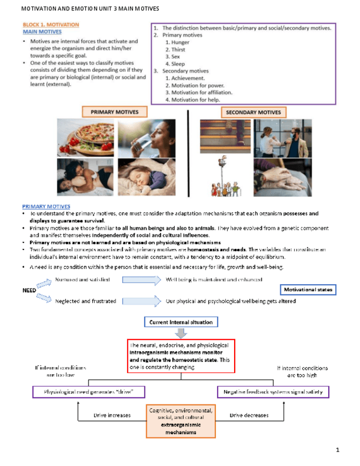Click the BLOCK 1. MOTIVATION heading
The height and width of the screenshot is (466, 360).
(51, 25)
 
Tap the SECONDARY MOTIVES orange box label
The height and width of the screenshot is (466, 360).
(253, 112)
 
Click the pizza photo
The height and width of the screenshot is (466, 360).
(85, 138)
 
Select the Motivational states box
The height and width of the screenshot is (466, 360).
(308, 290)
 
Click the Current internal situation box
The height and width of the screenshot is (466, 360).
(181, 322)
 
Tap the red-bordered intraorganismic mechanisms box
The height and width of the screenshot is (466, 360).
(181, 355)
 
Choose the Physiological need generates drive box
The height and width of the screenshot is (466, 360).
(90, 392)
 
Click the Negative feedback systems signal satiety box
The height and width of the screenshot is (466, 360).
(273, 392)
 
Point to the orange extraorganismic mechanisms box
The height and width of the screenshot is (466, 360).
(181, 421)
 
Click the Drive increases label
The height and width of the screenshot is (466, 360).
(112, 415)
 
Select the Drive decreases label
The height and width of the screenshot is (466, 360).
(249, 415)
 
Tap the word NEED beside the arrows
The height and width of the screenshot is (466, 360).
(29, 290)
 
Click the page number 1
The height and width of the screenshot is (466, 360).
(337, 451)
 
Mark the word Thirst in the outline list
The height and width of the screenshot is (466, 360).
(178, 49)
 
